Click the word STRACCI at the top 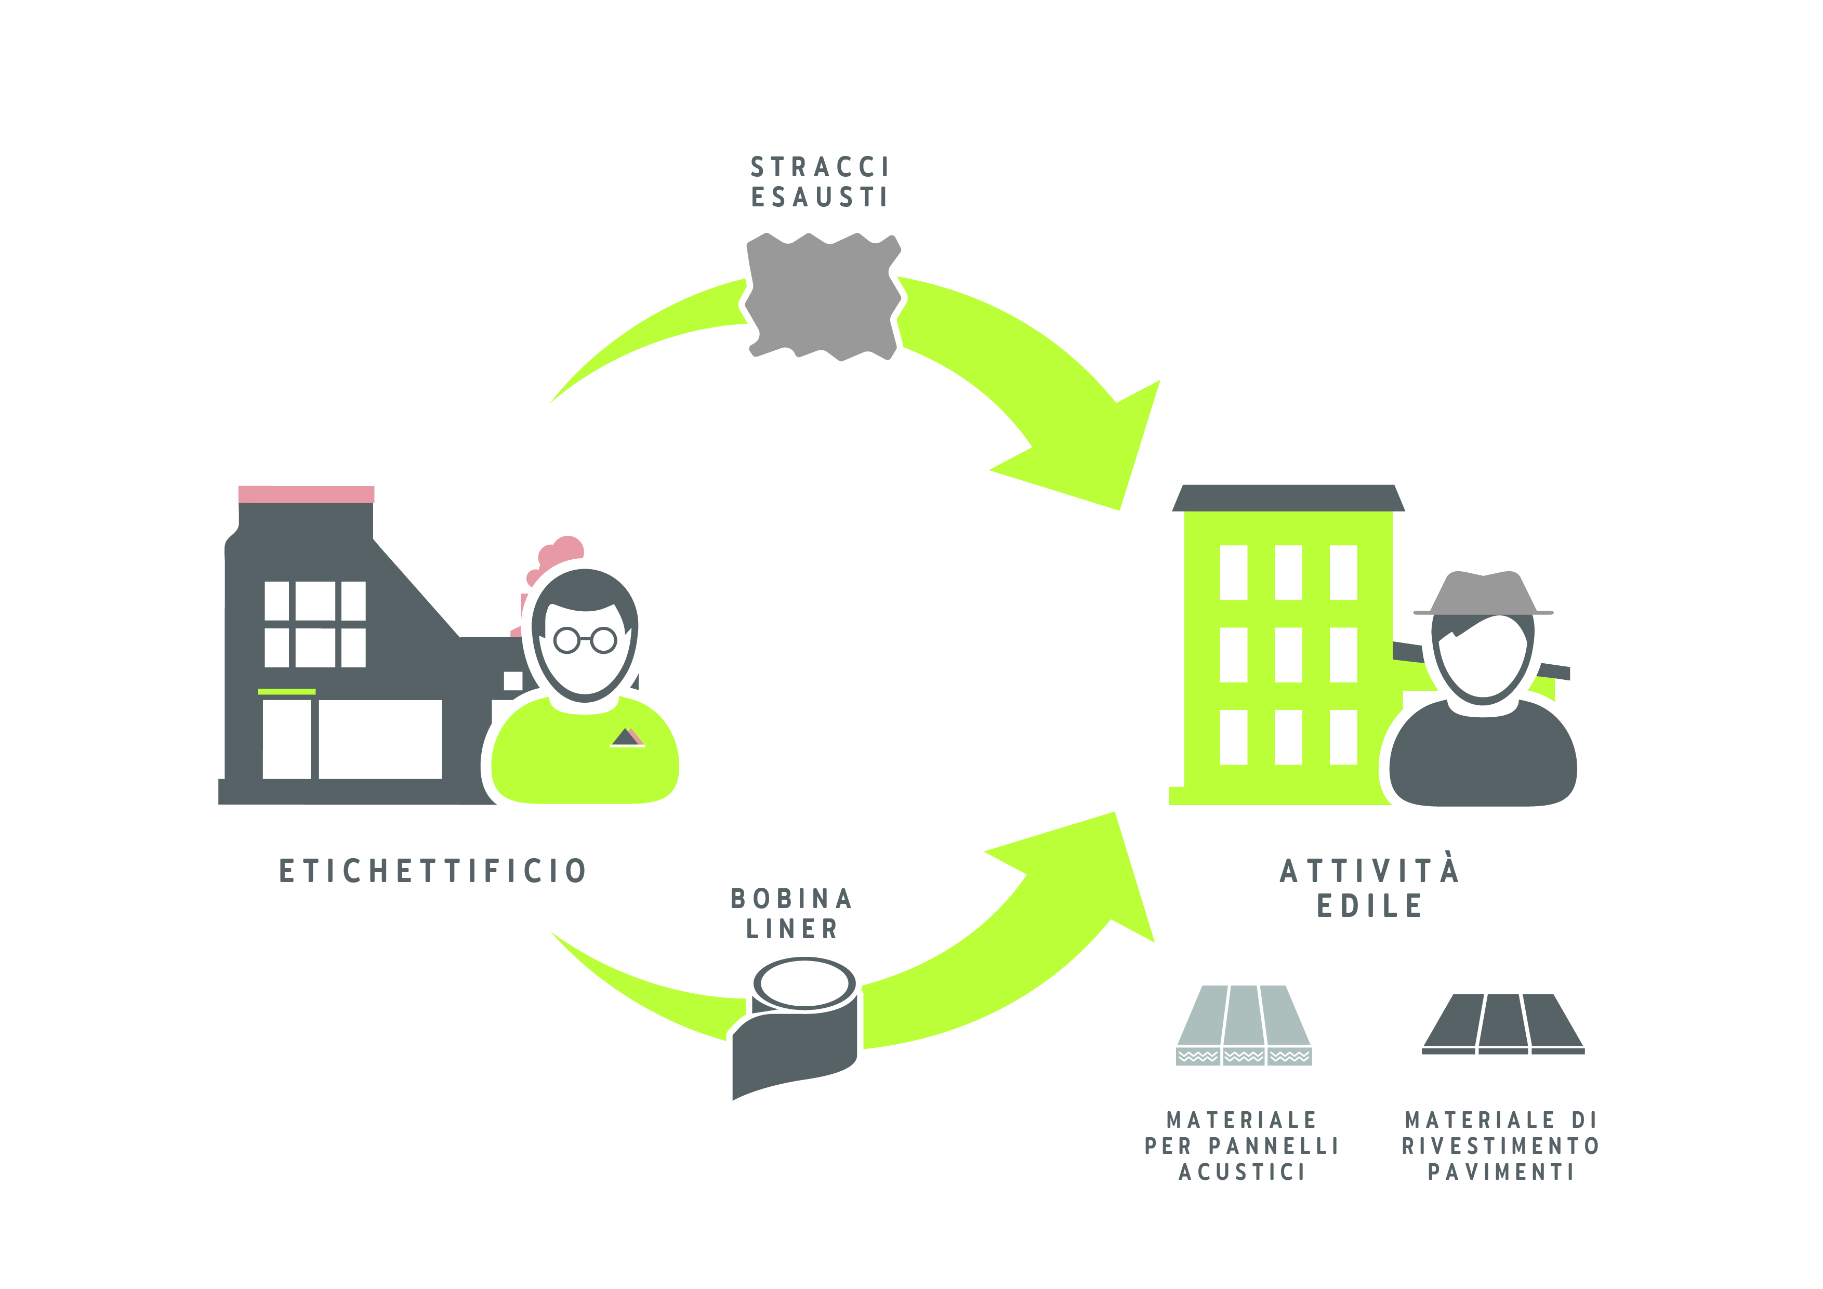(820, 167)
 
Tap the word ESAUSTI (820, 197)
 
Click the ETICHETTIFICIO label (433, 871)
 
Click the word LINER (791, 928)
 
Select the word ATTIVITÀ (1370, 871)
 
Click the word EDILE (1370, 905)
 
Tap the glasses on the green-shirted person (585, 639)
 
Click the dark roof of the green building (1288, 498)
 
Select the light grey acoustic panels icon (1244, 1024)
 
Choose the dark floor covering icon (1503, 1024)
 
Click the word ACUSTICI (1243, 1172)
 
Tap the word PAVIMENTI (1501, 1172)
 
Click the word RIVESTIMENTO (1501, 1146)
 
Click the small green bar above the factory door (287, 692)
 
